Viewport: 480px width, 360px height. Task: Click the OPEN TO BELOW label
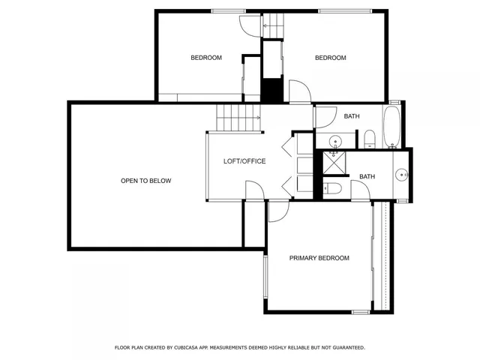click(x=146, y=181)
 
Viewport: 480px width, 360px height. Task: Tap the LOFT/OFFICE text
click(x=244, y=161)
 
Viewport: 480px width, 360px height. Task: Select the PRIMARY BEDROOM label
click(x=319, y=258)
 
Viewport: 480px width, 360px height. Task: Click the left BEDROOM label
click(x=205, y=58)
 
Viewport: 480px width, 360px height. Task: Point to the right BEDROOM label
click(x=330, y=58)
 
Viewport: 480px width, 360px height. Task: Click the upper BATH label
click(x=352, y=116)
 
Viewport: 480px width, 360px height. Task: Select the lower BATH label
click(x=367, y=177)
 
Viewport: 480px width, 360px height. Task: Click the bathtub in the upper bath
click(x=392, y=127)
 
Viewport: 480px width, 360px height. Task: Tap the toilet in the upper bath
click(x=369, y=139)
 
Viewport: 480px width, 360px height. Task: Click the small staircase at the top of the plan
click(x=273, y=25)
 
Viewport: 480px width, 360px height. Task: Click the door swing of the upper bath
click(x=325, y=118)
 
